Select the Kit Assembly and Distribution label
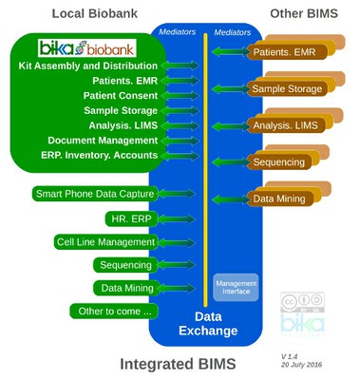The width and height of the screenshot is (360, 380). tap(88, 66)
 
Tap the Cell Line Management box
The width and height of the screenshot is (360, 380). tap(105, 242)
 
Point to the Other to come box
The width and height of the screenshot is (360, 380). tap(113, 311)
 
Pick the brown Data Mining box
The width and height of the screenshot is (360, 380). tap(277, 199)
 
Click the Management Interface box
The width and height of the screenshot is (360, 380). tap(236, 285)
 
